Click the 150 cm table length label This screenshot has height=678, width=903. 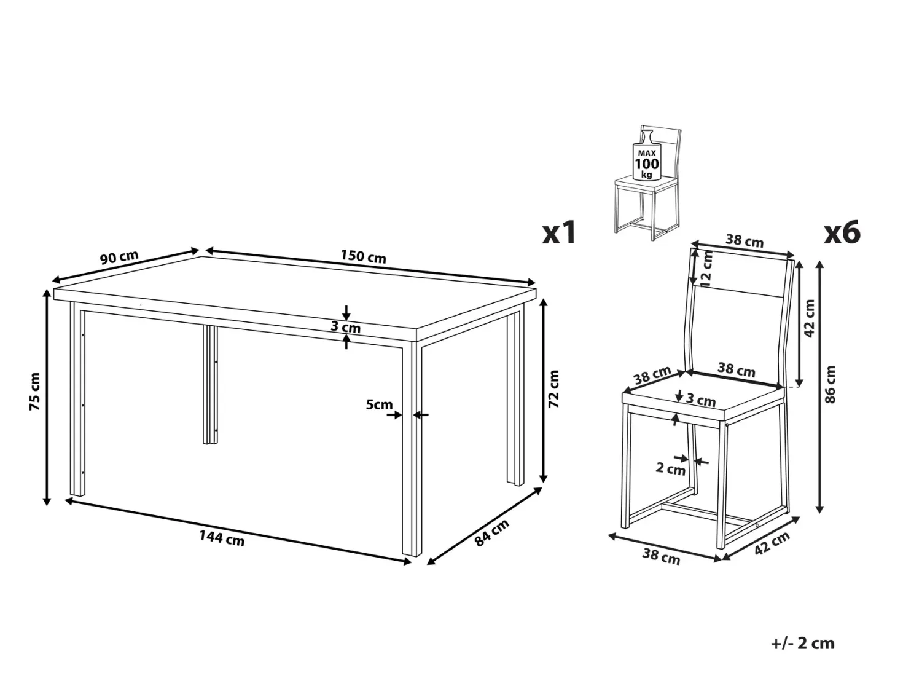363,256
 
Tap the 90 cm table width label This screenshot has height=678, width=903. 119,258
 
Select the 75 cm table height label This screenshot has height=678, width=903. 35,391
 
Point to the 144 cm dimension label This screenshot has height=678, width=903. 222,538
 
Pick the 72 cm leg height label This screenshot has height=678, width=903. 553,388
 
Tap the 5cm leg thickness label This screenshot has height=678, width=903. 379,404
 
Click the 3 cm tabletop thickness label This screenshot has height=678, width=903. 346,327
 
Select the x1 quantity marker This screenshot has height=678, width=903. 559,232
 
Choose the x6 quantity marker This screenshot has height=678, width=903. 842,232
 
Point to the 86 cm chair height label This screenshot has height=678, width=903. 830,384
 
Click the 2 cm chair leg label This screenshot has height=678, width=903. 670,468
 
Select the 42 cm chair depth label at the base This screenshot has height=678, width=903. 772,543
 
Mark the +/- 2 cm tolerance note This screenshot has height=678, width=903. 802,643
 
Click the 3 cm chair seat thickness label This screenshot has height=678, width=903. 701,400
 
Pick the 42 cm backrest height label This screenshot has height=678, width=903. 809,318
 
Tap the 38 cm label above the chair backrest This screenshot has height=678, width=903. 744,240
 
